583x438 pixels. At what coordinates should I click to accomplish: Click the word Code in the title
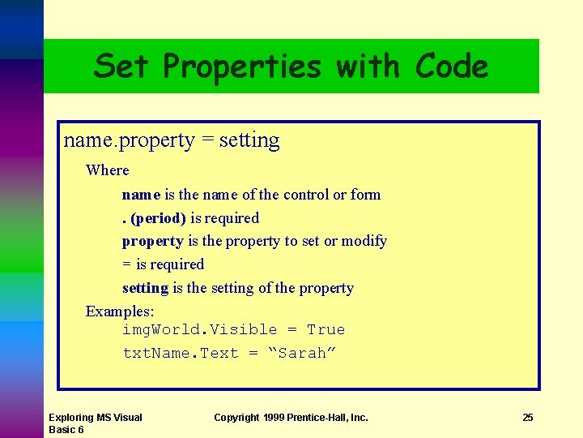click(452, 67)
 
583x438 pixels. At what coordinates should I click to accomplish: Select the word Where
click(107, 170)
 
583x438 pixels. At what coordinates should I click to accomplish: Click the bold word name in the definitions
click(141, 195)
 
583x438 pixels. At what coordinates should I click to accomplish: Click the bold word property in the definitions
click(152, 242)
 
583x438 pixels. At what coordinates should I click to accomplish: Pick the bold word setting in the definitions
click(145, 289)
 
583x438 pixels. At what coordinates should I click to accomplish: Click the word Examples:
click(120, 311)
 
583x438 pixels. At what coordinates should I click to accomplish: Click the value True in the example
click(326, 330)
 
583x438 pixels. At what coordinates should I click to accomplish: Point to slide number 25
click(528, 418)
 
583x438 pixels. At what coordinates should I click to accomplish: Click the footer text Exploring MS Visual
click(95, 418)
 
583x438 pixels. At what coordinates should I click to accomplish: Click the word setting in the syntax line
click(249, 140)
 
